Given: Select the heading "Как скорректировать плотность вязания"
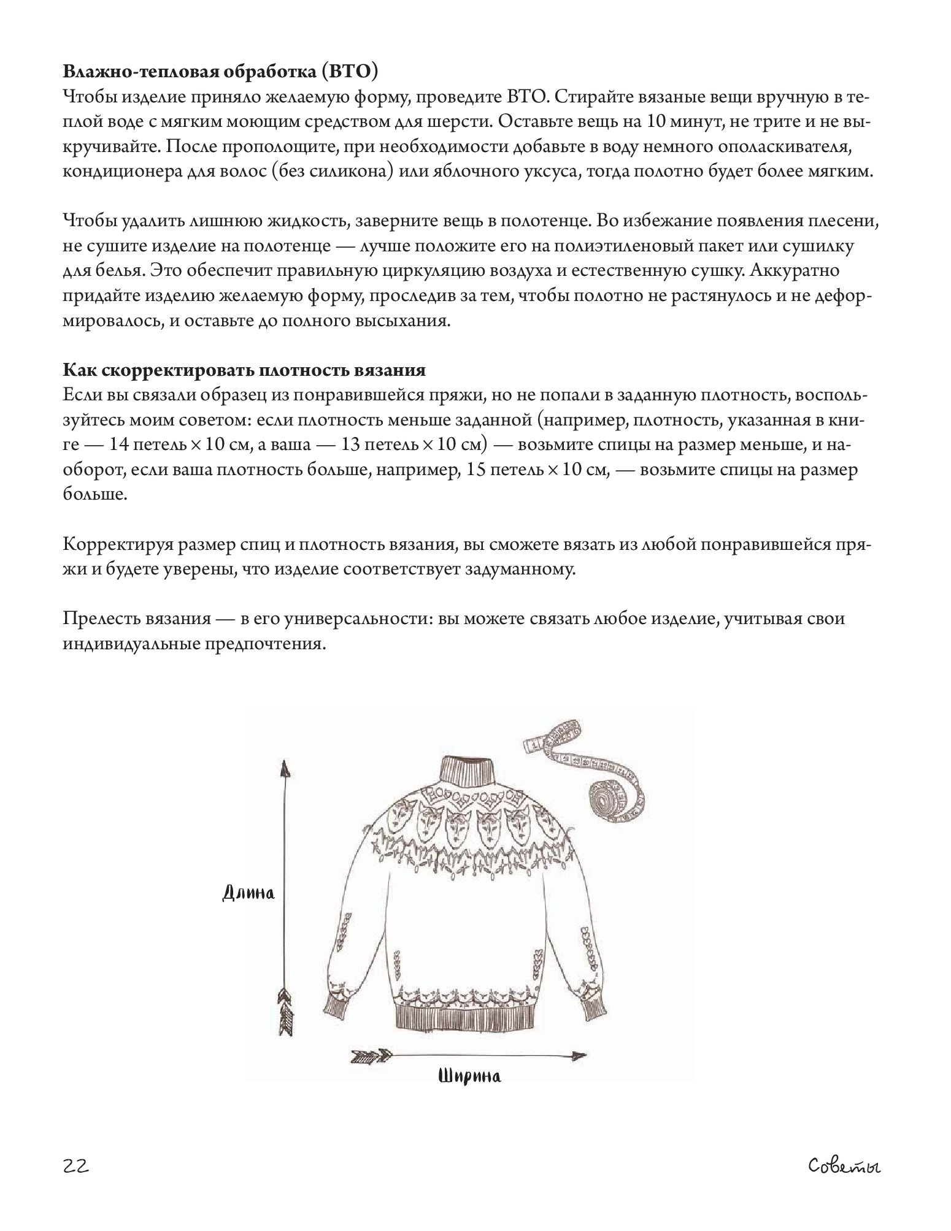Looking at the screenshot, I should point(244,371).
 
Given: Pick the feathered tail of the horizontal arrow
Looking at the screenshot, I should point(371,1056).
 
